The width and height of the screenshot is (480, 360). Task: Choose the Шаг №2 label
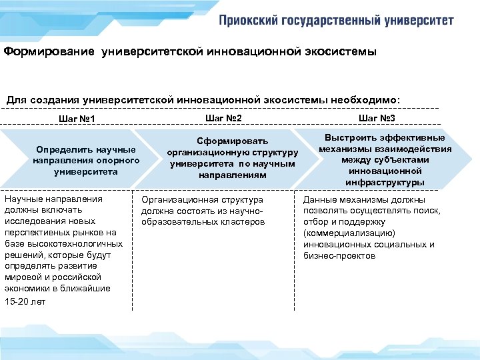pyautogui.click(x=223, y=118)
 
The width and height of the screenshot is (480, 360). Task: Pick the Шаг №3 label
pyautogui.click(x=377, y=118)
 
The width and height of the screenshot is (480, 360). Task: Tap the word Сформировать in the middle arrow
pyautogui.click(x=233, y=141)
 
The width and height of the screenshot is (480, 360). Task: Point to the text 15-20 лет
pyautogui.click(x=25, y=302)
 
